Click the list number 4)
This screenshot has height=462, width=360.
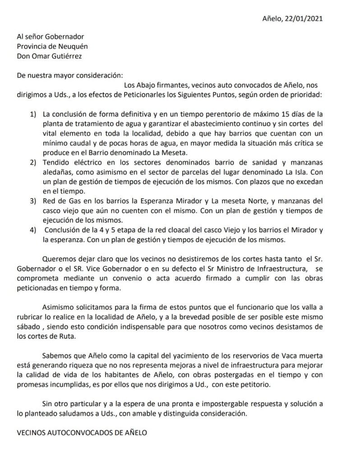34,231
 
